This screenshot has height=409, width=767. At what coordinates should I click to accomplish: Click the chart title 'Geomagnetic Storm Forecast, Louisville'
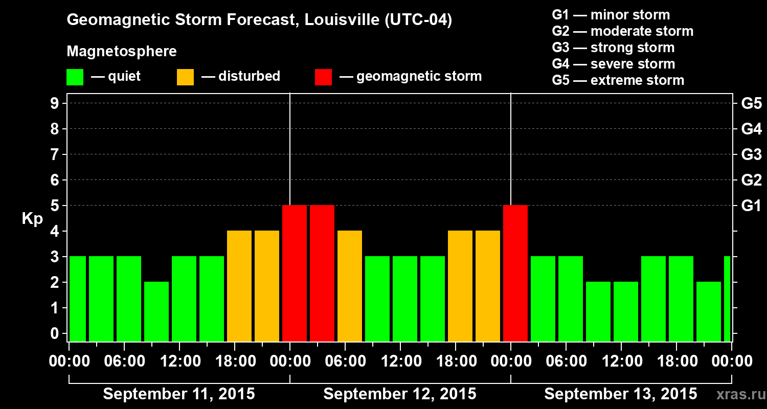(259, 20)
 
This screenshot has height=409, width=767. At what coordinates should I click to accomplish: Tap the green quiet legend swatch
(75, 77)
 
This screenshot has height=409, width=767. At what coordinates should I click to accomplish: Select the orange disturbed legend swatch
(185, 77)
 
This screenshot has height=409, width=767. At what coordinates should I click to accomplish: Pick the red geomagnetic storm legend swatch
(323, 77)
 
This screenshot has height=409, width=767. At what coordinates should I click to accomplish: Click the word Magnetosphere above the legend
(122, 52)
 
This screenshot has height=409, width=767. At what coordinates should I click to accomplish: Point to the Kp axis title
(32, 219)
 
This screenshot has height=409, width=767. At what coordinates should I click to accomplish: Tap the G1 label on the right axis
(751, 206)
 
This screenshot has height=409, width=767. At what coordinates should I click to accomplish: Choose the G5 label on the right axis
(751, 104)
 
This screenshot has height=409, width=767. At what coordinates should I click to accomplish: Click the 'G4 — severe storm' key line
(614, 64)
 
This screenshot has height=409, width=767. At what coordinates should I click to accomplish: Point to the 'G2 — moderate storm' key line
(623, 31)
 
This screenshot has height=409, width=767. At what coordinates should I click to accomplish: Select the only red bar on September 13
(515, 273)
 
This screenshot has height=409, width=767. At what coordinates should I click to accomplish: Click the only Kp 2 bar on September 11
(156, 311)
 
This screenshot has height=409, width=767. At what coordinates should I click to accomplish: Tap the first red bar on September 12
(295, 273)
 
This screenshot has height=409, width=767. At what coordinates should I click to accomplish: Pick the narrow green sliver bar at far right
(727, 299)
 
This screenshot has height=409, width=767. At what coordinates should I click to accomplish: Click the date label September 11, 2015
(179, 394)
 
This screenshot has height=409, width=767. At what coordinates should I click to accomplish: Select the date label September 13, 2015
(620, 394)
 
